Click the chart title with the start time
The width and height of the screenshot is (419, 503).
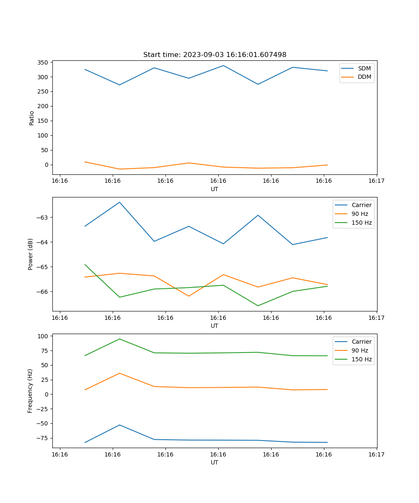215,55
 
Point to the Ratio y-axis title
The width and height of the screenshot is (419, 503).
31,118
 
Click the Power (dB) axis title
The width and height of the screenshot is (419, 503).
31,254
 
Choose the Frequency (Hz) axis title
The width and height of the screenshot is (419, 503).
30,391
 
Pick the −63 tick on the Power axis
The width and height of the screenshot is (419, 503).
42,218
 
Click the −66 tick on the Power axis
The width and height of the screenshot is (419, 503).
42,292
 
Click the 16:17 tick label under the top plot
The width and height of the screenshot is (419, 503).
376,181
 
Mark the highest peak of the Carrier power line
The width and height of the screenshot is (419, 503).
119,202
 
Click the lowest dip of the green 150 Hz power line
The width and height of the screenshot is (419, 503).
258,306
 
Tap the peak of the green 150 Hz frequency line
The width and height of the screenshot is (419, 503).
119,339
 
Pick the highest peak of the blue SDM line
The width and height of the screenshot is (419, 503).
223,65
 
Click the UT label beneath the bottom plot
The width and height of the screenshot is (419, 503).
215,462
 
